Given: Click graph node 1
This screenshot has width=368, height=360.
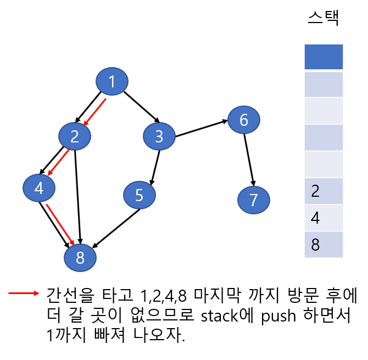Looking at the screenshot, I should pyautogui.click(x=112, y=82).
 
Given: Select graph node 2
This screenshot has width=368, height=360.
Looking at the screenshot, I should pyautogui.click(x=75, y=136).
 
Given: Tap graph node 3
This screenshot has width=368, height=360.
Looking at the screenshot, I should pyautogui.click(x=159, y=136).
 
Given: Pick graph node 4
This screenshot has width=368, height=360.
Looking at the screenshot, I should pyautogui.click(x=38, y=189).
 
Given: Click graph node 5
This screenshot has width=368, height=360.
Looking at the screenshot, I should pyautogui.click(x=139, y=195).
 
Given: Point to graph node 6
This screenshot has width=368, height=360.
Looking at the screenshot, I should pyautogui.click(x=244, y=120).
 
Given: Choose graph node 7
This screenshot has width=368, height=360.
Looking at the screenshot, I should pyautogui.click(x=253, y=200).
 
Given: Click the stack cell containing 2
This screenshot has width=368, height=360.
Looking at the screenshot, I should pyautogui.click(x=324, y=191).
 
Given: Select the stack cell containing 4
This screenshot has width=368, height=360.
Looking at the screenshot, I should pyautogui.click(x=324, y=218).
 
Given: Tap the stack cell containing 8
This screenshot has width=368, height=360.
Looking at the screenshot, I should pyautogui.click(x=324, y=245).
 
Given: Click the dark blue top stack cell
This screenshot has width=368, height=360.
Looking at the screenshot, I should pyautogui.click(x=324, y=57).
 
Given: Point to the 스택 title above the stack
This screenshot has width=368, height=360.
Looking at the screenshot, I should pyautogui.click(x=323, y=18).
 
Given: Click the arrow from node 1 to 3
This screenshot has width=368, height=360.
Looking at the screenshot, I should pyautogui.click(x=141, y=107).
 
